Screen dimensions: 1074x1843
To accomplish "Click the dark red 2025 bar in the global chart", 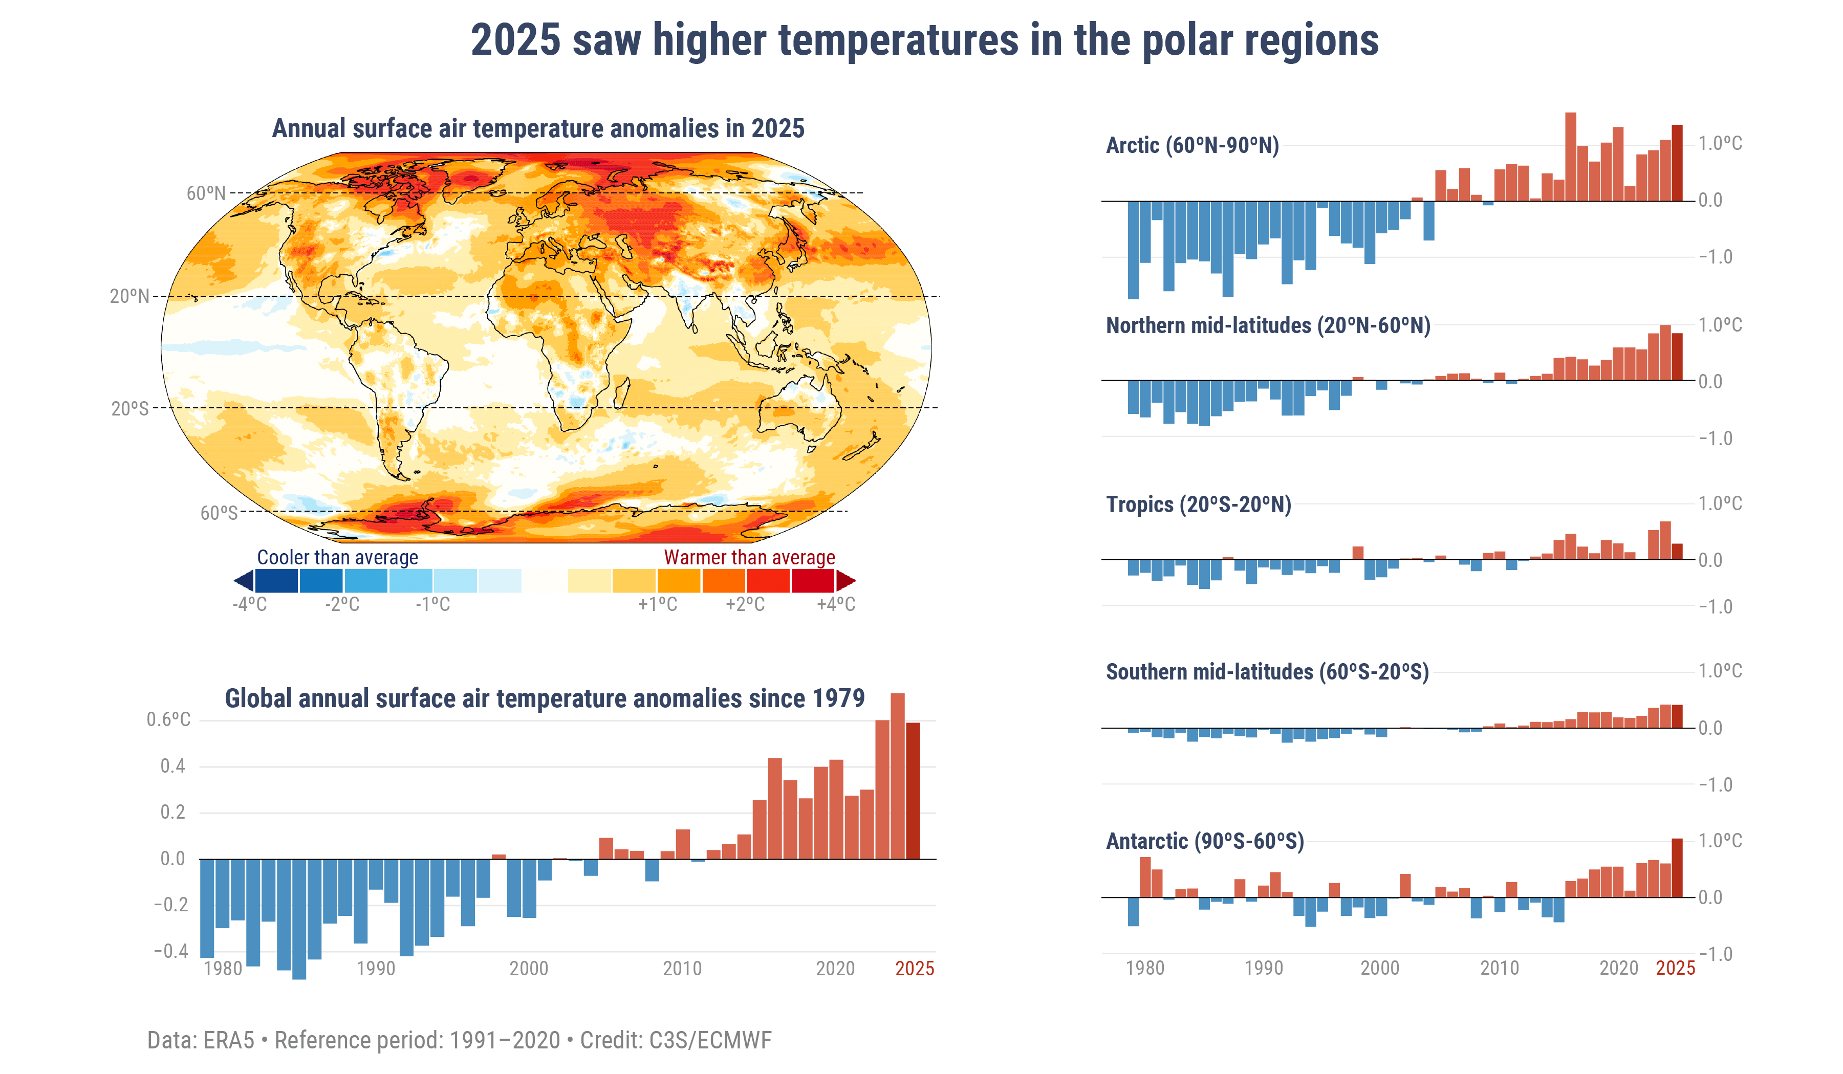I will tap(913, 790).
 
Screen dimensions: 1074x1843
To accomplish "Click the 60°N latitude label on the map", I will tap(206, 193).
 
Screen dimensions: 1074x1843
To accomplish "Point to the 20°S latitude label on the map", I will tap(129, 409).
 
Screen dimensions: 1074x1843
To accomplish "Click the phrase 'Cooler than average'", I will tap(337, 557).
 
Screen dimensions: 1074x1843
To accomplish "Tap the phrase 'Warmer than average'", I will tap(749, 557).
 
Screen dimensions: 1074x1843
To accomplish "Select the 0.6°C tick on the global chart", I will tap(168, 720).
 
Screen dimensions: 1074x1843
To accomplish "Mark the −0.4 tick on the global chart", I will tap(171, 951).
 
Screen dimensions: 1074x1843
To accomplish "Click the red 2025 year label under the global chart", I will tap(914, 969).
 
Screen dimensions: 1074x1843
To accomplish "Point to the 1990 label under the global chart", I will tap(375, 969).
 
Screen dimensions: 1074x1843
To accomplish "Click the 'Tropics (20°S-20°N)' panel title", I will tap(1198, 505).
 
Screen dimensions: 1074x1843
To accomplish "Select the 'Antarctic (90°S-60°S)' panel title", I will tap(1205, 841).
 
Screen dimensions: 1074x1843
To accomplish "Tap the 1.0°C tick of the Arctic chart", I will tap(1720, 143).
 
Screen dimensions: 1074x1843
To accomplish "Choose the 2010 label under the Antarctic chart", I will tap(1499, 968).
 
